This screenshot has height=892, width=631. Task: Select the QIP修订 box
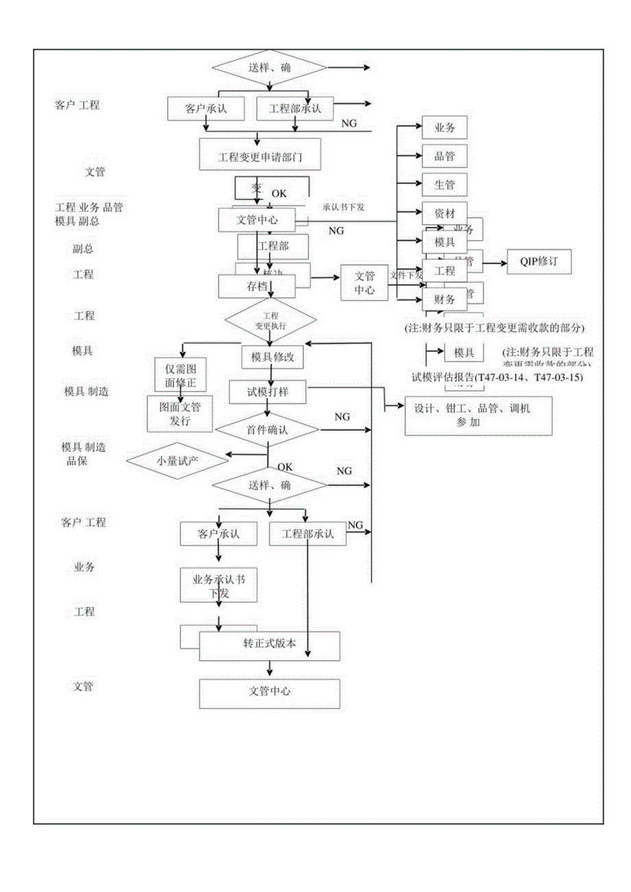coord(538,261)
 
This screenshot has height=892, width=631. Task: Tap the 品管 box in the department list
coord(444,156)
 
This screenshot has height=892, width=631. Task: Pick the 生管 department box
coord(444,185)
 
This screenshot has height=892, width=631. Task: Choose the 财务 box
coord(444,300)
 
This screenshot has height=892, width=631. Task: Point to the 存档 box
coord(257,287)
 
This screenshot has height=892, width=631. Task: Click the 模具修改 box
coord(272,357)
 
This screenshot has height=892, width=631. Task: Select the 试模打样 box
coord(267,392)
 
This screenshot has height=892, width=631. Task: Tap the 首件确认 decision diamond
coord(267,430)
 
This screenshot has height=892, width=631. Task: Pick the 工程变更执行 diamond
coord(271,320)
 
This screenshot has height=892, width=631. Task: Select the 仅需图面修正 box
coord(180,374)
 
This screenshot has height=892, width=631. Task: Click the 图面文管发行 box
coord(180,413)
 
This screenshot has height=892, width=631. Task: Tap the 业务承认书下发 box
coord(219,585)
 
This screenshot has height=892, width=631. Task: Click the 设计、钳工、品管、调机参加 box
coord(478,415)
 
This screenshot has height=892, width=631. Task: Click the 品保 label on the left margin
coord(76,461)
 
